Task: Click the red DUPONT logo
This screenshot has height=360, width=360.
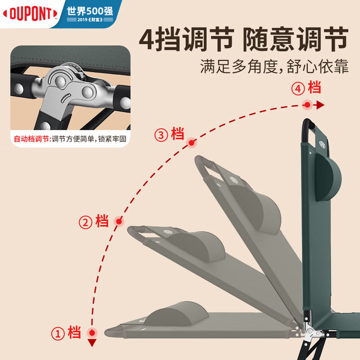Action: coord(30,13)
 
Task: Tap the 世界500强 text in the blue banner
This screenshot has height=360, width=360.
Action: coord(90,11)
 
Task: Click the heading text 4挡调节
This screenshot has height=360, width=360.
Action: coord(186,39)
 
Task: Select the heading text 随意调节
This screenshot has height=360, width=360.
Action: coord(296,39)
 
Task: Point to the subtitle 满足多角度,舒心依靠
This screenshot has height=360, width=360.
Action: coord(274,66)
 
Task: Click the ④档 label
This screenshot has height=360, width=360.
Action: coord(306,87)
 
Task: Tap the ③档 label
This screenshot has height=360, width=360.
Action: coord(169,134)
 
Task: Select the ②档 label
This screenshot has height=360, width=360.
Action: coord(94,221)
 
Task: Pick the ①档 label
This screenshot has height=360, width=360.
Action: coord(66,332)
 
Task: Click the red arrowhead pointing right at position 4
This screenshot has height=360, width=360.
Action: coord(320,105)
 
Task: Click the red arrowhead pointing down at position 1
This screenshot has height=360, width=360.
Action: coord(92,343)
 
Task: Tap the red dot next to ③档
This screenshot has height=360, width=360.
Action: coord(191,143)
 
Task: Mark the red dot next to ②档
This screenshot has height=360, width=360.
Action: coord(119,222)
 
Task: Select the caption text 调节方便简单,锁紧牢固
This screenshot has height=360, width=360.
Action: coord(89,139)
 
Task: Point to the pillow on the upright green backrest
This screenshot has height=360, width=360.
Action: coord(328,177)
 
